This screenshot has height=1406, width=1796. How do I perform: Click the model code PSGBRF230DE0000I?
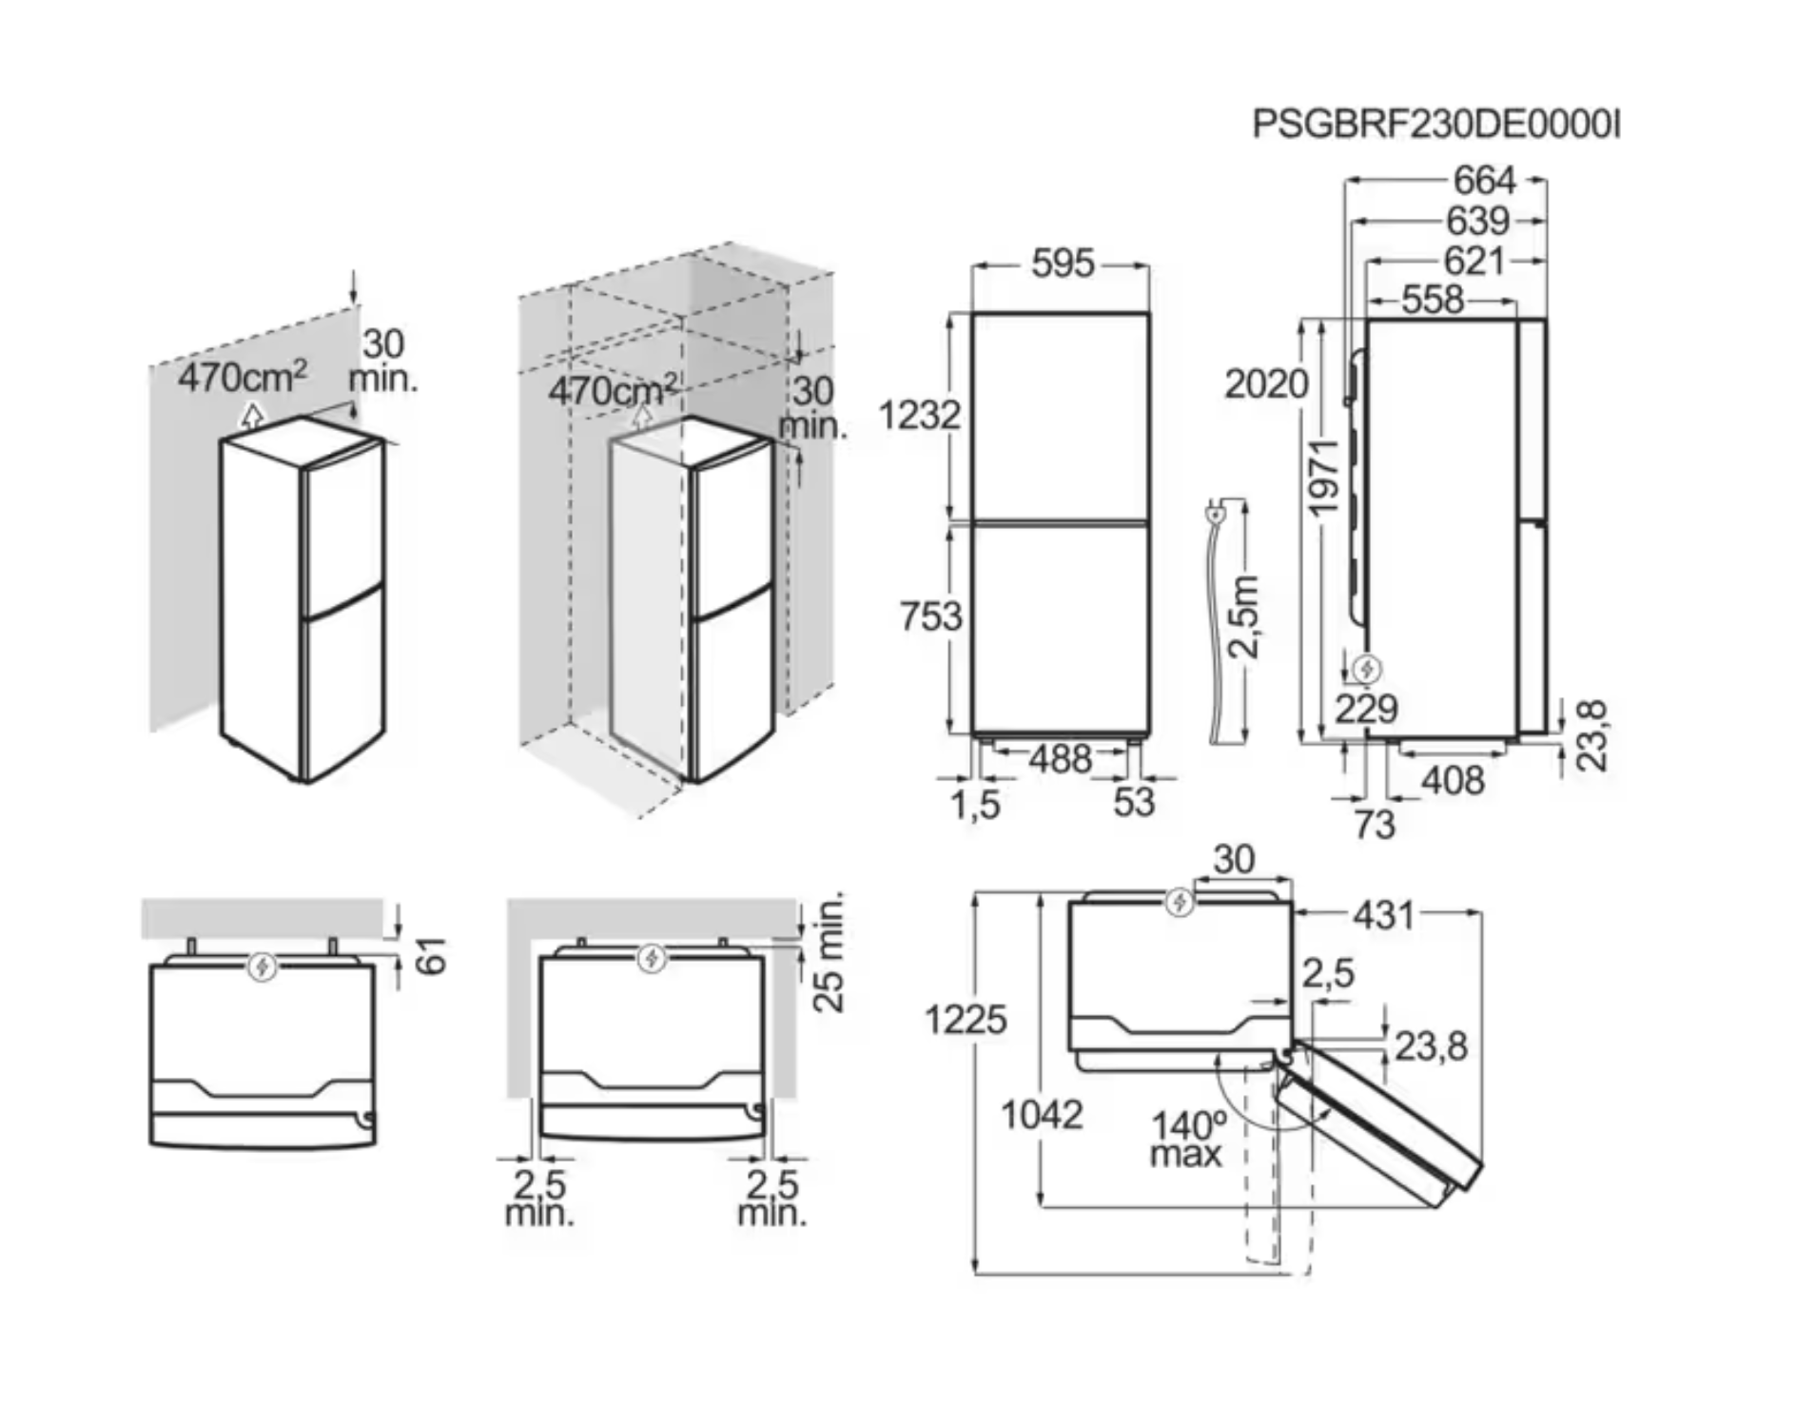(x=1435, y=125)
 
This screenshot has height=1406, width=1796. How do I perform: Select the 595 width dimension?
(x=1063, y=264)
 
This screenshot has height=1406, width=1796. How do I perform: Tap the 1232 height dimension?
(x=919, y=415)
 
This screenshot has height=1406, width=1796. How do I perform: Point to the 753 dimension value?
(x=931, y=615)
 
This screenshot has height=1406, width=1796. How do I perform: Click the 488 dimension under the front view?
(x=1060, y=759)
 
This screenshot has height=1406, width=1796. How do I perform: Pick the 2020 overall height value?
(x=1266, y=384)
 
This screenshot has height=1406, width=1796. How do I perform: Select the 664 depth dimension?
(x=1484, y=180)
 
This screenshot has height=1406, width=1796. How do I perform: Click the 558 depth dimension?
(x=1433, y=301)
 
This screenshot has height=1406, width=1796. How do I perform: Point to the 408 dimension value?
(x=1453, y=780)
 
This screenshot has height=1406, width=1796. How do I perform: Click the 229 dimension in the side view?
(x=1365, y=709)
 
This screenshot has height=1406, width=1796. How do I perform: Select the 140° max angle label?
(x=1187, y=1140)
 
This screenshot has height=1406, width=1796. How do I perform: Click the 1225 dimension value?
(x=965, y=1020)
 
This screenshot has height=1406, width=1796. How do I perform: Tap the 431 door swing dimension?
(x=1383, y=915)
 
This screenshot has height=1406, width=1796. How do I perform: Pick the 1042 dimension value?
(x=1042, y=1114)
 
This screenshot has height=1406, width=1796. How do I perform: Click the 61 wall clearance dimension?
(x=432, y=955)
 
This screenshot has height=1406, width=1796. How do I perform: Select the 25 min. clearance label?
(x=830, y=953)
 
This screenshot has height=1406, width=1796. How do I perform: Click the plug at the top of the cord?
(x=1215, y=514)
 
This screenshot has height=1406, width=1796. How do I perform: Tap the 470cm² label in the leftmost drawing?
(x=244, y=378)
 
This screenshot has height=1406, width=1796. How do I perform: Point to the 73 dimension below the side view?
(x=1374, y=824)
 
